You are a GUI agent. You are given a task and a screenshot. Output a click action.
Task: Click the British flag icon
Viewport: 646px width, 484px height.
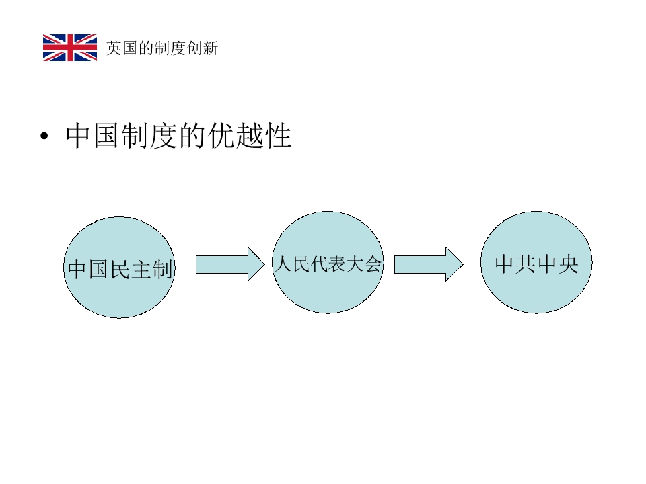(70, 48)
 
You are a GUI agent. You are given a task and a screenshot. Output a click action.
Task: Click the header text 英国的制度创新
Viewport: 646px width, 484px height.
(162, 48)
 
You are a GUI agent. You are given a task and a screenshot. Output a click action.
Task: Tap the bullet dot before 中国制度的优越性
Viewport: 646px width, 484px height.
(44, 136)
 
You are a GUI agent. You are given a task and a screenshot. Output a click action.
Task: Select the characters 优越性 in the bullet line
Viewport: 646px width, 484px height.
(250, 135)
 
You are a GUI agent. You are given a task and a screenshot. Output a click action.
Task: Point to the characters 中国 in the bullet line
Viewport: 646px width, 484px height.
(92, 135)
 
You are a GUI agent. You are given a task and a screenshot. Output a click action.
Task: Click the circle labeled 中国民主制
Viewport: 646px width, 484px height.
(120, 267)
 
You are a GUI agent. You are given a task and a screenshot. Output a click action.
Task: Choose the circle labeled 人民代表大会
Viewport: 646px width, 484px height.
(328, 262)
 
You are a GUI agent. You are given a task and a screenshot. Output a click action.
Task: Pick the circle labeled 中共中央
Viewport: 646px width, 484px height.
(536, 262)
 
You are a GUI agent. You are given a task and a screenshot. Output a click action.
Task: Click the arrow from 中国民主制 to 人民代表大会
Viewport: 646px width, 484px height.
(230, 264)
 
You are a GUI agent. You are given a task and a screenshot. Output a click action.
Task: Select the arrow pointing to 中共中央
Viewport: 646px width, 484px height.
(429, 264)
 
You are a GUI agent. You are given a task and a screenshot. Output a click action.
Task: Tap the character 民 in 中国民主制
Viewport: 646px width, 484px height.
(120, 269)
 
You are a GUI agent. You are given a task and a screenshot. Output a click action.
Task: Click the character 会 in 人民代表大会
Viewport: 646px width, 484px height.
(373, 264)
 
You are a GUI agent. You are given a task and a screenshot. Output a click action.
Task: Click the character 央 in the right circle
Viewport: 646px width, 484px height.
(569, 264)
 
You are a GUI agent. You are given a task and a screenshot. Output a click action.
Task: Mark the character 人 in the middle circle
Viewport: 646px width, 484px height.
(284, 264)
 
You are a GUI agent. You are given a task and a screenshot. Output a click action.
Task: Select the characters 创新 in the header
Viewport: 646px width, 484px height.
(203, 48)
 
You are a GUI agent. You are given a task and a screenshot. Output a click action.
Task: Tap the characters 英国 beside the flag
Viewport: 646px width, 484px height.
(122, 48)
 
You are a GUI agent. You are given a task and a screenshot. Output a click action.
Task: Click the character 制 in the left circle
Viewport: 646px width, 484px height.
(162, 269)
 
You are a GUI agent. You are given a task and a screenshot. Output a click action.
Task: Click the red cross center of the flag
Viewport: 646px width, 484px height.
(70, 48)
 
